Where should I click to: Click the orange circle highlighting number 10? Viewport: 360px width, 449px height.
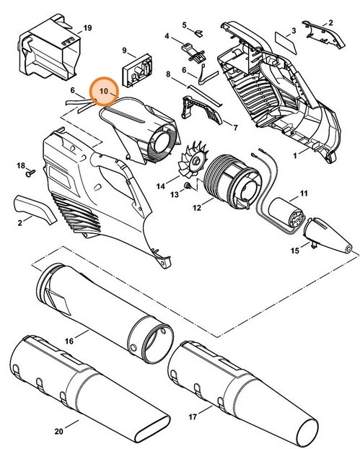[103, 92]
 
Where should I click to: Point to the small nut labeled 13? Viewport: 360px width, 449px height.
[187, 186]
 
